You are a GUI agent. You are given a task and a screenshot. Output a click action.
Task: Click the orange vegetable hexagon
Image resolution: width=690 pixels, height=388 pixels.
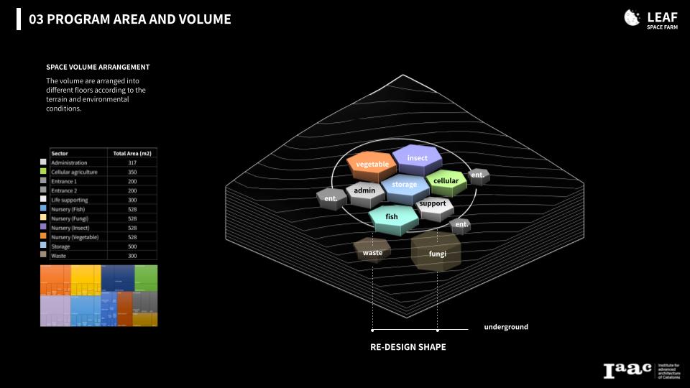(x=372, y=165)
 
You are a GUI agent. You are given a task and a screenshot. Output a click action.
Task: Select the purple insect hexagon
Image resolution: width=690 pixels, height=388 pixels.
(x=417, y=158)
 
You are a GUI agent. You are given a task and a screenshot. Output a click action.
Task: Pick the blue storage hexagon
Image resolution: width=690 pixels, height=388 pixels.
(x=404, y=185)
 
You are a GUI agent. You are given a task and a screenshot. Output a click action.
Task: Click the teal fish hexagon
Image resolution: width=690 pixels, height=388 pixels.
(x=392, y=216)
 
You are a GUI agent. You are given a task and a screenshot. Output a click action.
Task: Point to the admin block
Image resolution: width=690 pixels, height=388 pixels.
(x=365, y=191)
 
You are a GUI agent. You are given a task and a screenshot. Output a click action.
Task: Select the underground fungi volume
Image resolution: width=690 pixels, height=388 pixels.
(x=437, y=253)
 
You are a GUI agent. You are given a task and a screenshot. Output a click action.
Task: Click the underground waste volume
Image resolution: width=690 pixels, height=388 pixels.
(x=372, y=252)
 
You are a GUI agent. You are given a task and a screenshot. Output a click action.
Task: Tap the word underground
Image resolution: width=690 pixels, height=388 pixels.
(x=506, y=327)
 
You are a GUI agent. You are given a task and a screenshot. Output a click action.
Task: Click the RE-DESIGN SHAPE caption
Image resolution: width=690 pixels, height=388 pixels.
(x=408, y=347)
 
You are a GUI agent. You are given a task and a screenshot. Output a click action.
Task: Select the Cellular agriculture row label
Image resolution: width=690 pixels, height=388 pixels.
(x=74, y=172)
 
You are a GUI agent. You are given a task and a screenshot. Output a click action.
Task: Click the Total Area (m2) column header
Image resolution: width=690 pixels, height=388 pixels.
(x=132, y=153)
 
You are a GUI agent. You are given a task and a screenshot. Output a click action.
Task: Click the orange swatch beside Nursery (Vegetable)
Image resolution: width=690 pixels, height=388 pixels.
(x=44, y=237)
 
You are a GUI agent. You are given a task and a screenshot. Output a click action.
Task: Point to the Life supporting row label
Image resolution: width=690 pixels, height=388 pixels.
(x=70, y=200)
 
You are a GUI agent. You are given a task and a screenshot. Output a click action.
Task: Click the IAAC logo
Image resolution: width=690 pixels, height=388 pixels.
(x=627, y=370)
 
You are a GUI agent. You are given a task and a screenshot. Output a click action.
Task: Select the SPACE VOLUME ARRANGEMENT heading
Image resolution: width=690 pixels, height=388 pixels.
(x=98, y=67)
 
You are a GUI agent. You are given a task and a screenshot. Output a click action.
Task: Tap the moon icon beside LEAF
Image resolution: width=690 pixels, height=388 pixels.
(x=632, y=18)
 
